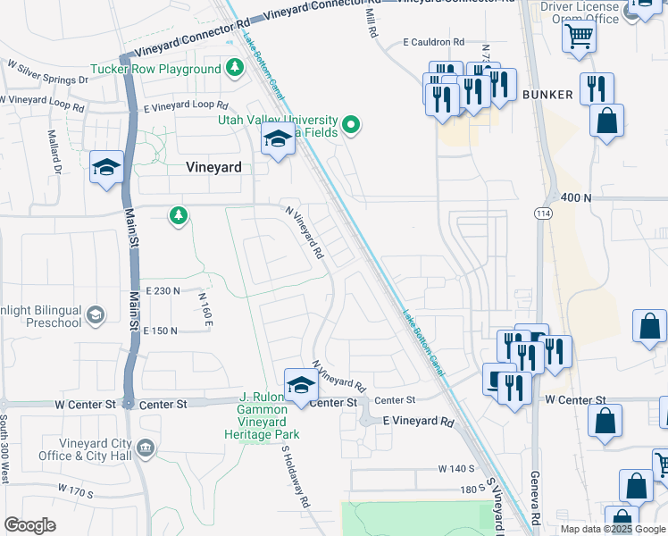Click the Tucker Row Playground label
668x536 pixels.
(x=155, y=69)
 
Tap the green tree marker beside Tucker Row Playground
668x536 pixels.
(x=235, y=67)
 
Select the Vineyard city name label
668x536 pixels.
(x=213, y=166)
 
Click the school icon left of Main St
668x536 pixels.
(x=106, y=167)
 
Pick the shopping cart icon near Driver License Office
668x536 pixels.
(x=579, y=38)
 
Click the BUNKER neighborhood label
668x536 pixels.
(x=547, y=94)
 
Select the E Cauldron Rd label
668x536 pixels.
(x=434, y=42)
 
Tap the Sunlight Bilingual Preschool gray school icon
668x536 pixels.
(x=96, y=314)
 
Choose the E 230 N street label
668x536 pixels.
(x=161, y=291)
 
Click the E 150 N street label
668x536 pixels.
(x=160, y=331)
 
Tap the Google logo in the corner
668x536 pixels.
(x=29, y=524)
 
